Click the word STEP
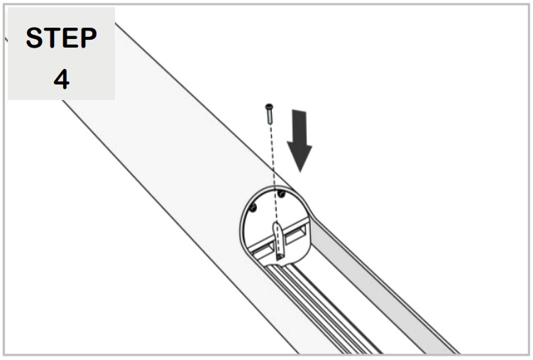[x=61, y=38]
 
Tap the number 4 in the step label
[x=61, y=79]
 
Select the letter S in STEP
[x=35, y=38]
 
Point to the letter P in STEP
[x=87, y=38]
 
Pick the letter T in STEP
[x=52, y=38]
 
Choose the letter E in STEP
[x=70, y=38]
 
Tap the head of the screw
[x=268, y=107]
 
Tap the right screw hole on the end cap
[x=282, y=193]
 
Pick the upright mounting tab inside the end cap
[x=280, y=239]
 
